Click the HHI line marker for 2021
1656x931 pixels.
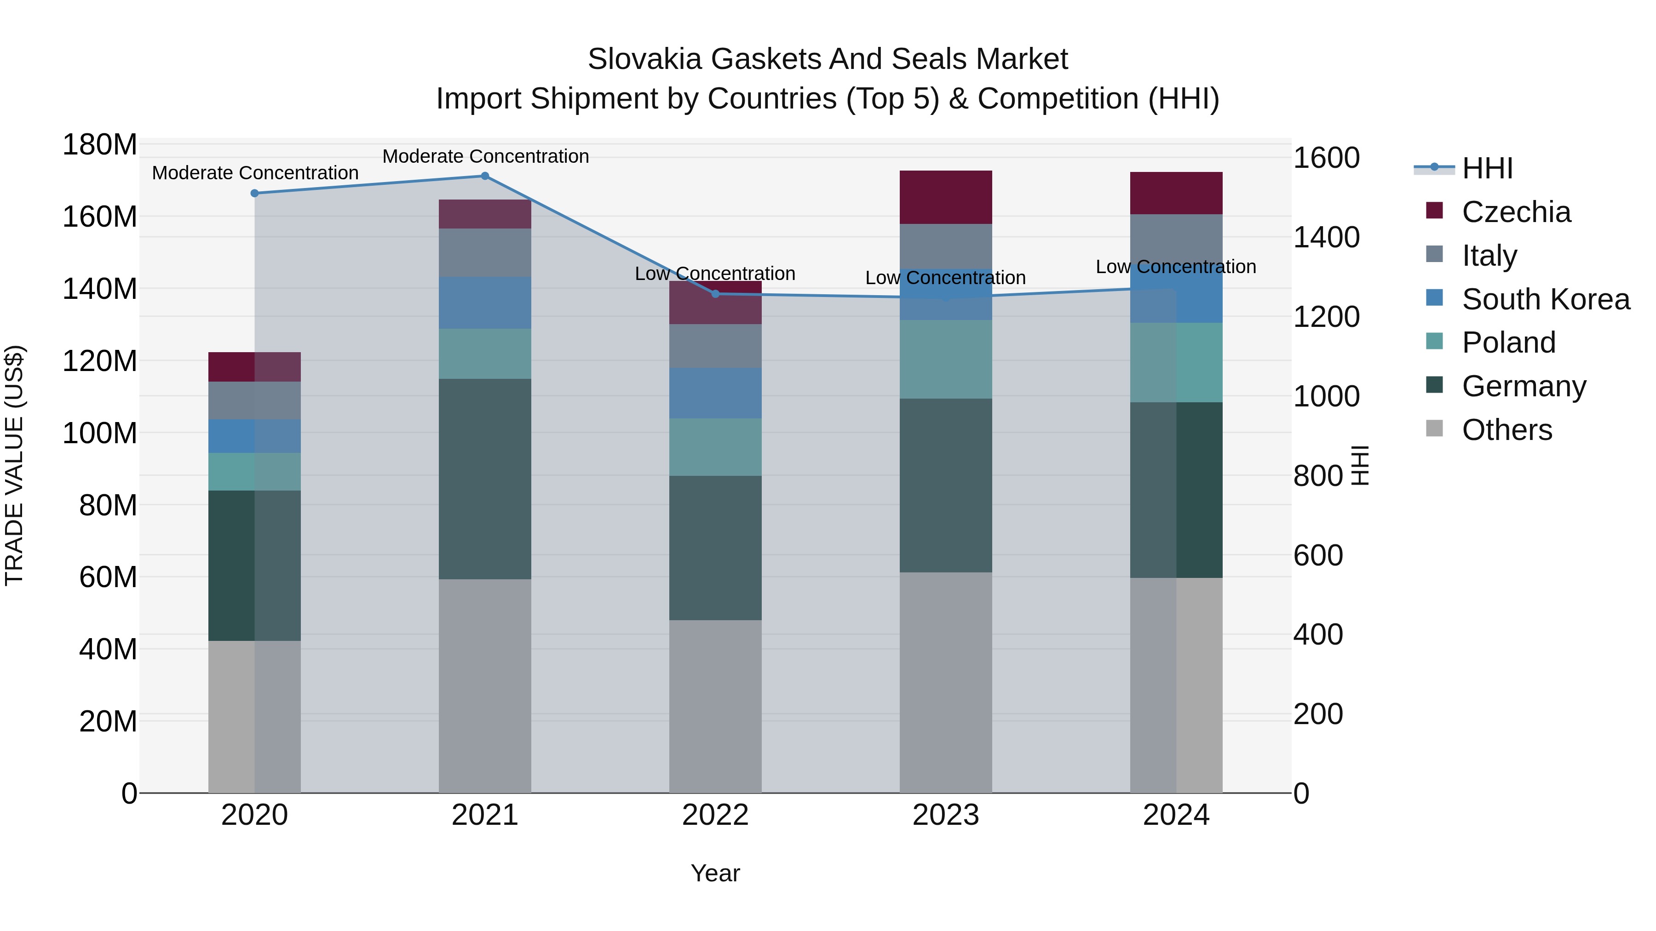coord(485,176)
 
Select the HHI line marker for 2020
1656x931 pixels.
coord(254,194)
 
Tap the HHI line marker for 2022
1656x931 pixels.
coord(715,294)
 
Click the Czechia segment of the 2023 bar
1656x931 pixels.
coord(946,197)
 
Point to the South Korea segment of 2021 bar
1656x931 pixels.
coord(485,303)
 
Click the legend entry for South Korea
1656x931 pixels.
coord(1546,299)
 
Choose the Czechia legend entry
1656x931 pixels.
coord(1516,212)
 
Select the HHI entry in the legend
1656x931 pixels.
coord(1487,168)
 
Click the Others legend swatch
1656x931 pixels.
coord(1434,428)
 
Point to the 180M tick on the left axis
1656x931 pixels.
coord(100,145)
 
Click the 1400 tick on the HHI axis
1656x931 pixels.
coord(1326,238)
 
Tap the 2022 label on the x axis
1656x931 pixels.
coord(715,815)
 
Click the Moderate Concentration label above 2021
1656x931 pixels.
coord(485,156)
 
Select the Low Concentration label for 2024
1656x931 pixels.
coord(1176,267)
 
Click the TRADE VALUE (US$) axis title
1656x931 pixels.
coord(14,465)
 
